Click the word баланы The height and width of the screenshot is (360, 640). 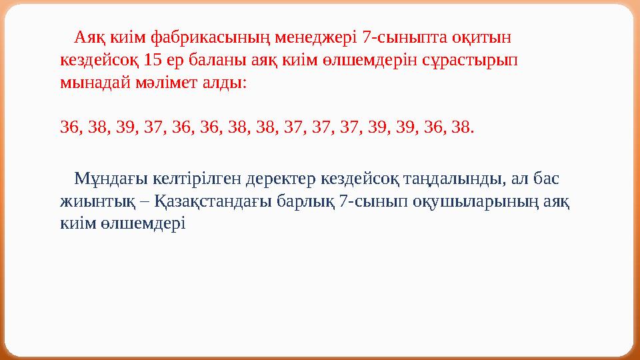226,59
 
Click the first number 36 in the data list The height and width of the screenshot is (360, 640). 68,127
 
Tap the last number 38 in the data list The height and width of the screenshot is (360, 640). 461,127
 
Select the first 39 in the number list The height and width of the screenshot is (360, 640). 124,127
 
